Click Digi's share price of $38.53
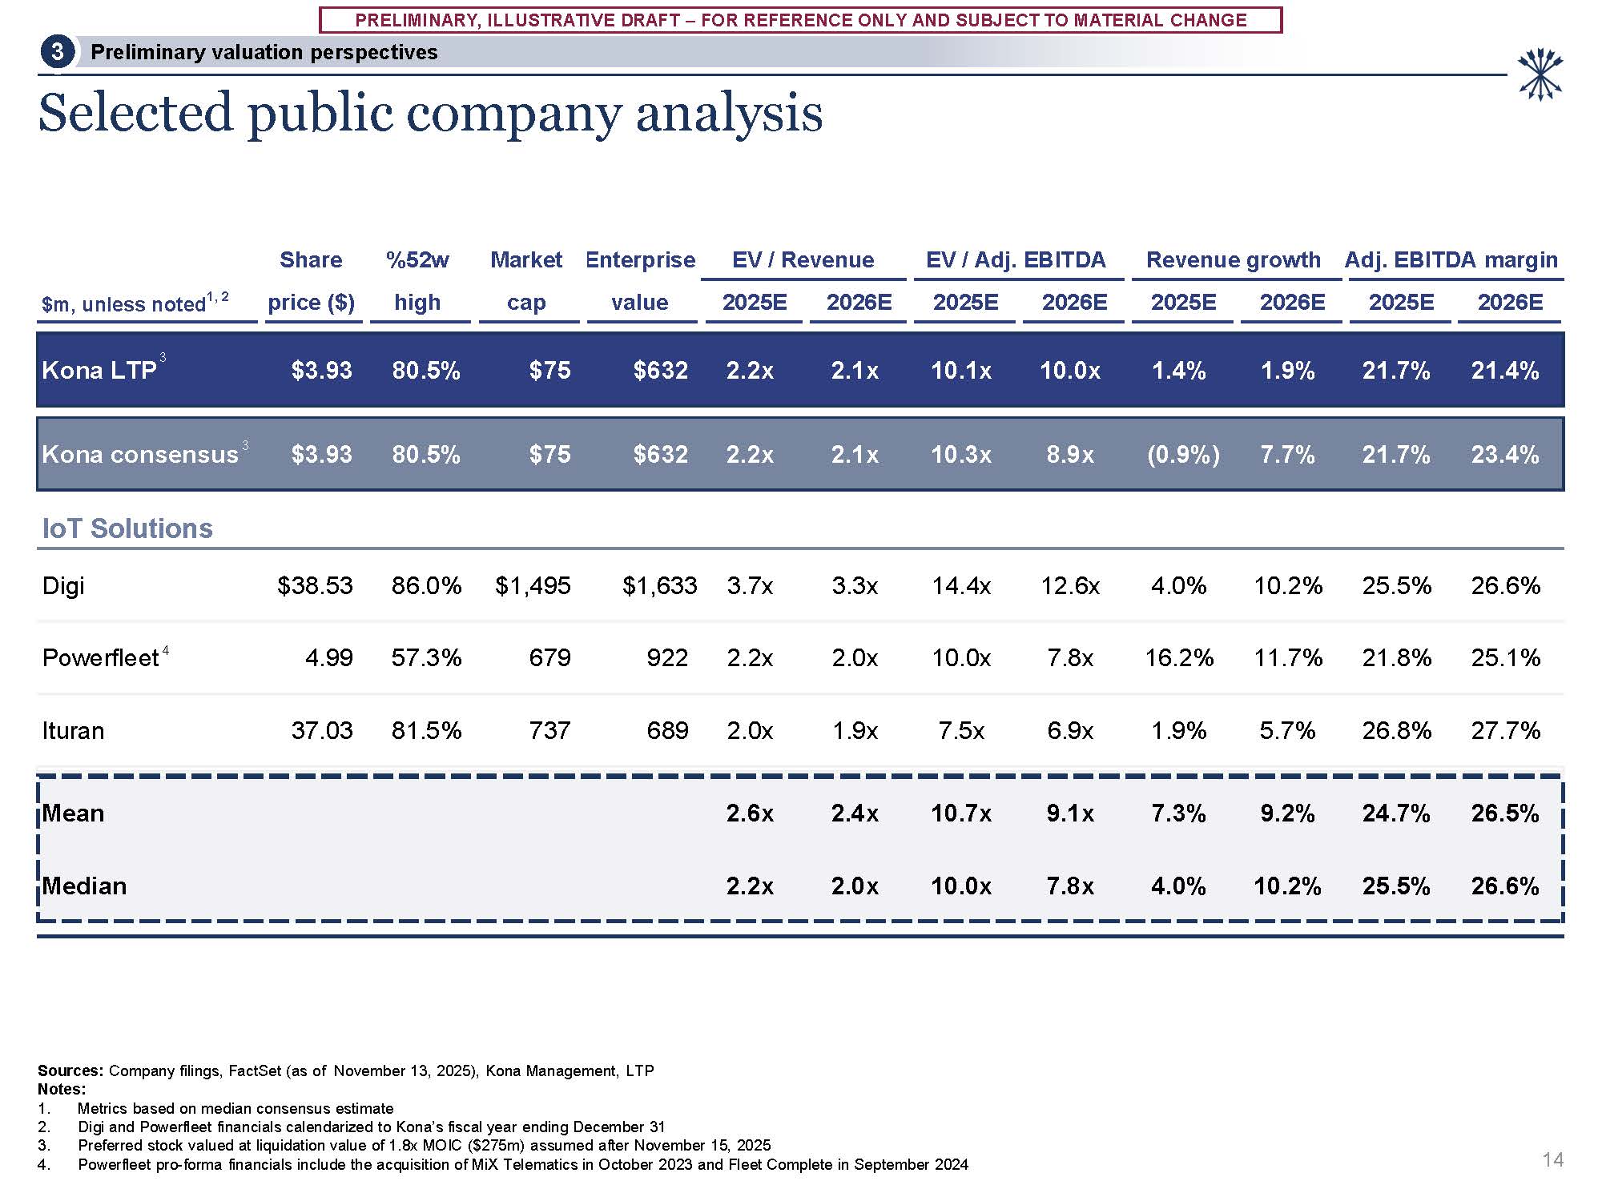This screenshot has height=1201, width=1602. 315,585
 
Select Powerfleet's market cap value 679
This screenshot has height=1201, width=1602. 549,657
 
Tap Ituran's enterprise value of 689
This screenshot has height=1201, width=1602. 667,730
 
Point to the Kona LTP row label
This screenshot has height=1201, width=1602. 99,370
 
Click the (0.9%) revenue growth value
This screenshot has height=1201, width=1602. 1183,455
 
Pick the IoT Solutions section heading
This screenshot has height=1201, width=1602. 127,528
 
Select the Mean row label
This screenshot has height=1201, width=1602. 73,813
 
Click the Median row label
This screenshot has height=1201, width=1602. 84,886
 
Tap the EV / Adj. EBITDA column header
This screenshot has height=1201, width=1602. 1015,260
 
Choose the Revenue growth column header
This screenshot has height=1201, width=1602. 1233,260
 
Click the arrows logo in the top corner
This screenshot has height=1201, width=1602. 1540,74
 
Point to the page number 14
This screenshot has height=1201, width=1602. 1552,1159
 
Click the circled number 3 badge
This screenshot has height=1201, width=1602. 57,52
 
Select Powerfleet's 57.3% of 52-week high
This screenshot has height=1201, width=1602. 426,657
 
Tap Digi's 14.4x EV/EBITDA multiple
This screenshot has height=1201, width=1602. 961,585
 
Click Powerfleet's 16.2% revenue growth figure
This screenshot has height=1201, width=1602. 1179,657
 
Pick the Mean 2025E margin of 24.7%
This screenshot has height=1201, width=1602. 1396,813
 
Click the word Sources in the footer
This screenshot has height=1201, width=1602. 70,1070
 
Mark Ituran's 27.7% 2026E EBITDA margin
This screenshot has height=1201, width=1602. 1505,730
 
